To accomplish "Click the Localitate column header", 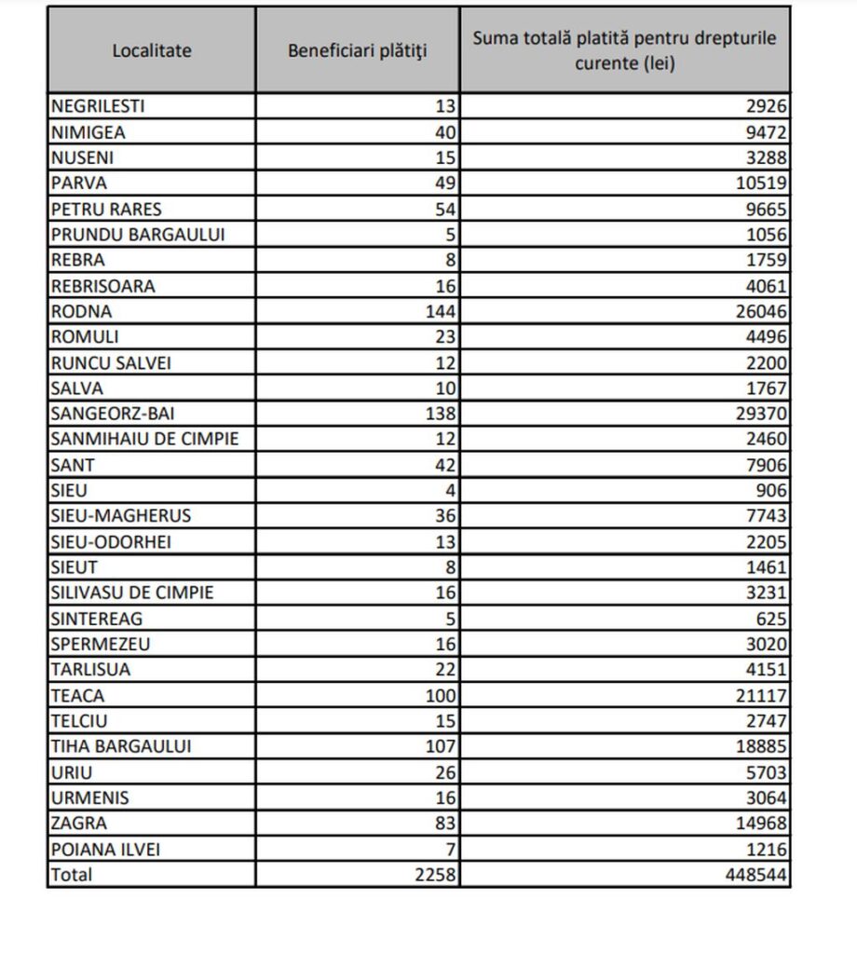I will [x=152, y=50].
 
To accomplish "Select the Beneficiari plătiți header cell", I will [x=357, y=50].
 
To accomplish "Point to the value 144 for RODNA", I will [x=441, y=311].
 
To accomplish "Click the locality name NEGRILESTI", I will [x=100, y=105].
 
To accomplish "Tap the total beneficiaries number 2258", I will [x=435, y=874].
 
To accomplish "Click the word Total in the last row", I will [x=73, y=874].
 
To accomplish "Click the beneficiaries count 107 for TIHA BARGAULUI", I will [x=441, y=746].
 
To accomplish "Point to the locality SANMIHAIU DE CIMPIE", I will [x=145, y=439].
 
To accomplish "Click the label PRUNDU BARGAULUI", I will [x=139, y=234].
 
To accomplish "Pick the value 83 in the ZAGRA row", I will [x=445, y=823].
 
